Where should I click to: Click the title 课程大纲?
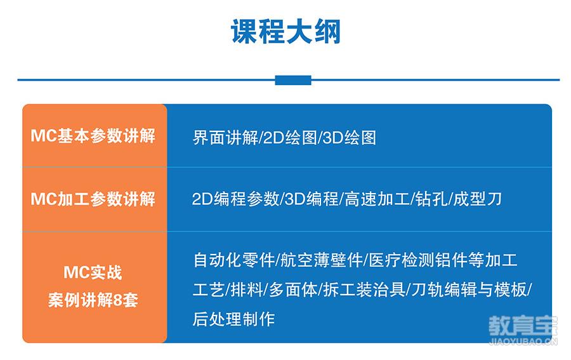286,32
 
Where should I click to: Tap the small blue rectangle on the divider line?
293,80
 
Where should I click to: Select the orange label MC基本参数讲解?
93,135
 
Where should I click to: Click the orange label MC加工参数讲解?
93,199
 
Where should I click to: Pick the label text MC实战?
93,272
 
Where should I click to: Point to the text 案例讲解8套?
93,300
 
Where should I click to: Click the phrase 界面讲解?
225,138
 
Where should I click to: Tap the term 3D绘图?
349,138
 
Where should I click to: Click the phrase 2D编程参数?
235,199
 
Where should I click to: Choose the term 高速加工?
377,199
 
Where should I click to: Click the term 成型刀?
477,199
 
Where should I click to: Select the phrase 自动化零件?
233,260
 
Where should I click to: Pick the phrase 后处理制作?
233,319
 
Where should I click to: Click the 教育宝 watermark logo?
523,326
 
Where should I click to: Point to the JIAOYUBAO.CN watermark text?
523,342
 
